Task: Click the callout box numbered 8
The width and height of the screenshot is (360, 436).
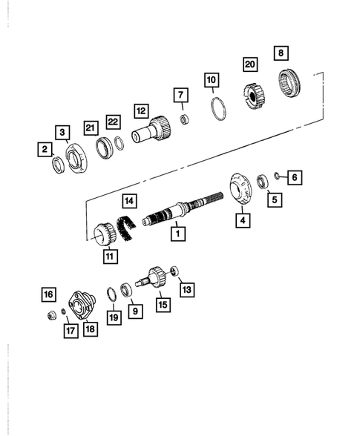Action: click(x=281, y=53)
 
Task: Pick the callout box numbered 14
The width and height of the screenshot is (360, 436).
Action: click(x=130, y=200)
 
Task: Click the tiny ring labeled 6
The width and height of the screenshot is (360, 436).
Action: click(x=276, y=176)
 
